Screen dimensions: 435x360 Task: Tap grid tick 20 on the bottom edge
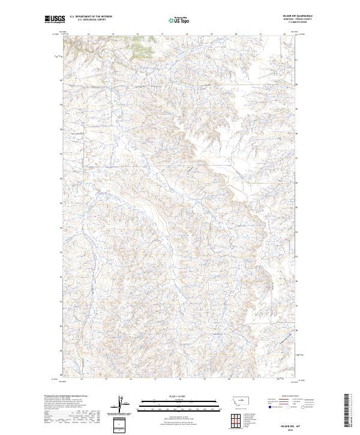click(x=229, y=379)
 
